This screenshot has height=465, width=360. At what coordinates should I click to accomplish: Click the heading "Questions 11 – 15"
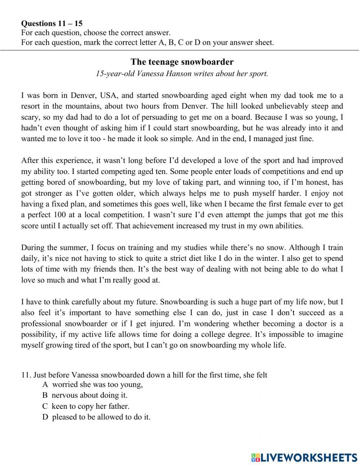click(52, 23)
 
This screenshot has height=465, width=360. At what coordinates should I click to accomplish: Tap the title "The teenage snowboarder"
click(182, 62)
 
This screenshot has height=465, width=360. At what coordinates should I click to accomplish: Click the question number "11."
click(26, 375)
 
